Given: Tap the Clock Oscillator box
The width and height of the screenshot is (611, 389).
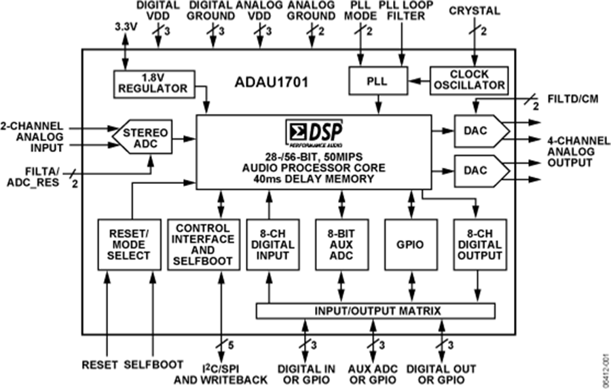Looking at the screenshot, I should click(468, 79).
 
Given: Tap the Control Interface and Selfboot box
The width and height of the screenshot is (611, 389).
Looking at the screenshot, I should click(203, 244).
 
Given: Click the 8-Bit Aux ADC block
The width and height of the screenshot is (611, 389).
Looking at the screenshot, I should click(341, 244).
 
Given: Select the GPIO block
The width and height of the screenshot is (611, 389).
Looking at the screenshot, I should click(409, 244).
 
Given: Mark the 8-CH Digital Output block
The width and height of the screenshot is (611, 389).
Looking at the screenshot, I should click(479, 244).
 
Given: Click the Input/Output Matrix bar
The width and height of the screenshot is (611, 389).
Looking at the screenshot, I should click(377, 311).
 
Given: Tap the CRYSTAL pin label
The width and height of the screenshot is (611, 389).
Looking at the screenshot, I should click(475, 11).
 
